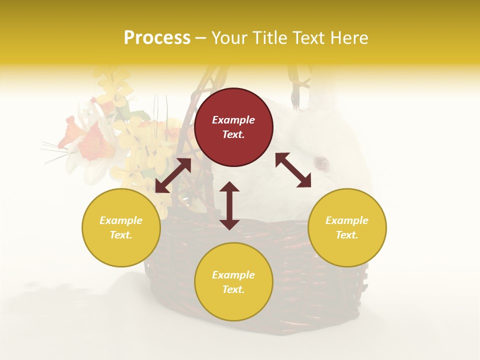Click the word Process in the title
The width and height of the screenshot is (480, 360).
[x=157, y=38]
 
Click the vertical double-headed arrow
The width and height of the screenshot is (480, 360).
[x=229, y=205]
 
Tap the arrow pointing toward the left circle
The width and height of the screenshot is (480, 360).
[x=173, y=175]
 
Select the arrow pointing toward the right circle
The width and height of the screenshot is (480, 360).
[x=293, y=170]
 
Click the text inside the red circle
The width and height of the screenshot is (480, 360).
[x=233, y=127]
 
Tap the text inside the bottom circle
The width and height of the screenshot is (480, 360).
[x=233, y=282]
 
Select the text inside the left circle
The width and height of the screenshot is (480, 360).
[x=121, y=227]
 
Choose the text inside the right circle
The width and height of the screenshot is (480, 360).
[x=347, y=227]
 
